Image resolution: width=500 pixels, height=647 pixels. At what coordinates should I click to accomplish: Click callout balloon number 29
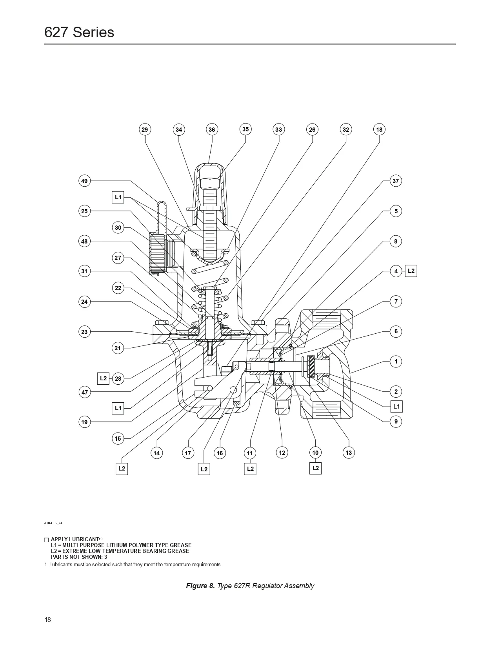pyautogui.click(x=145, y=130)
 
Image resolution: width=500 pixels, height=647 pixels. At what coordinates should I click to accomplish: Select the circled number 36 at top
pyautogui.click(x=212, y=130)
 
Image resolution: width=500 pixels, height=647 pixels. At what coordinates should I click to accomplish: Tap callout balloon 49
pyautogui.click(x=84, y=181)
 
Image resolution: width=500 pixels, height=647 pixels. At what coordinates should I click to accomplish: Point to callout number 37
pyautogui.click(x=396, y=181)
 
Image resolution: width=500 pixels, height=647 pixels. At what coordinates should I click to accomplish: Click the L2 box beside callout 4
pyautogui.click(x=411, y=271)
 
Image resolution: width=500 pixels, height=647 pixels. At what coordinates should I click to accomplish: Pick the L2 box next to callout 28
pyautogui.click(x=103, y=378)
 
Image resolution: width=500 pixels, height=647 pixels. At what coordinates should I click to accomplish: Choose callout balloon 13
pyautogui.click(x=349, y=453)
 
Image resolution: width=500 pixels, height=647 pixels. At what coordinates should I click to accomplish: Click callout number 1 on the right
pyautogui.click(x=396, y=362)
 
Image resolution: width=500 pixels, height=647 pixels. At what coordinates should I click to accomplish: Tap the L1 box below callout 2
pyautogui.click(x=396, y=407)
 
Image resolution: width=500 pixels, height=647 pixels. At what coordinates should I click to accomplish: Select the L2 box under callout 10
pyautogui.click(x=316, y=468)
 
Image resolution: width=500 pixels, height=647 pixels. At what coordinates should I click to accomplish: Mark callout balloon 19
pyautogui.click(x=84, y=422)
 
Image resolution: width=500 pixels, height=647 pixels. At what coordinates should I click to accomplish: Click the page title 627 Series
pyautogui.click(x=79, y=32)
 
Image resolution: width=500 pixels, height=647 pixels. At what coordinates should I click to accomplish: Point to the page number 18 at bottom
pyautogui.click(x=47, y=620)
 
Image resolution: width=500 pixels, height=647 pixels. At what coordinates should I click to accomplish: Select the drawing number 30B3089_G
pyautogui.click(x=53, y=523)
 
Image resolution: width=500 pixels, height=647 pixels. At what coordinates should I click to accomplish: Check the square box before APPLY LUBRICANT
pyautogui.click(x=46, y=540)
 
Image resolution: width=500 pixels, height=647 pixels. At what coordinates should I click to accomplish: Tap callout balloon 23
pyautogui.click(x=84, y=332)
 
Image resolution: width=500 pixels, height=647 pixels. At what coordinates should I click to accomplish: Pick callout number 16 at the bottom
pyautogui.click(x=220, y=453)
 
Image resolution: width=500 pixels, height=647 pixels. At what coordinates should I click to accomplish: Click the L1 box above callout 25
pyautogui.click(x=118, y=197)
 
